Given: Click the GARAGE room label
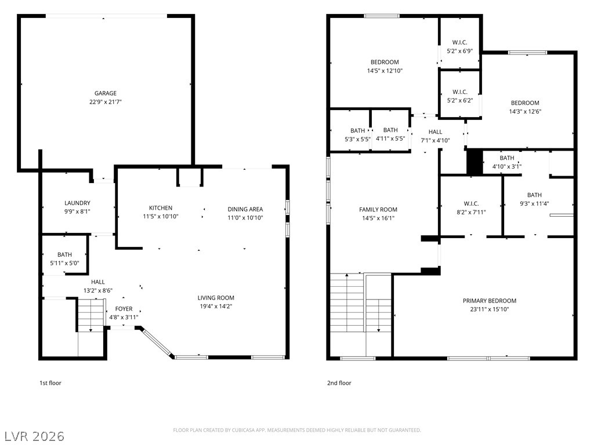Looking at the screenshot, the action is tap(106, 93).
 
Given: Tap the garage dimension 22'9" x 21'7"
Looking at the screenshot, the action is tap(106, 102).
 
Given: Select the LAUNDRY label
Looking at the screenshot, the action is tap(77, 203).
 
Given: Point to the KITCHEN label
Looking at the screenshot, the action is tap(161, 208).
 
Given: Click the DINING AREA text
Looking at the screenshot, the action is tap(245, 209).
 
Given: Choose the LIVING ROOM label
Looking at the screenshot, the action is tap(216, 298).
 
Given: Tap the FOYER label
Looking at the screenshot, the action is tap(124, 309).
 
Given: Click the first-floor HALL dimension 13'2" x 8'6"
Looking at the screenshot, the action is tap(98, 291).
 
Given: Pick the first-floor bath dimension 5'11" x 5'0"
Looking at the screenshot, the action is tap(65, 264).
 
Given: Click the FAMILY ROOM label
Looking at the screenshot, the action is tap(378, 210).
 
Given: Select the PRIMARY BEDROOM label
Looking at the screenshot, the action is tap(490, 301).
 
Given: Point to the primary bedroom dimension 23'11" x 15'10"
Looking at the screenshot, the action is tap(490, 309).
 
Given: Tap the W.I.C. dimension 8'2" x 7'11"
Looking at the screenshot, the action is tap(471, 213).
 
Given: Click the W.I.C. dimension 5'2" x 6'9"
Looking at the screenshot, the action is tap(460, 51).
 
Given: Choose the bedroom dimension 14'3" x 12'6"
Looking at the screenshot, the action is tap(525, 112).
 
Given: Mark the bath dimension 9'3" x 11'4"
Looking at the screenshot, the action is tap(534, 203).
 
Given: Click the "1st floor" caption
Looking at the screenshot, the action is tap(50, 383).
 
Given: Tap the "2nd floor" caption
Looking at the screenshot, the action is tap(339, 383).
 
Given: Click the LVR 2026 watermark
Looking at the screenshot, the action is tap(34, 436).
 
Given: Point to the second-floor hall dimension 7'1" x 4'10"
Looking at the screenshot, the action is tap(435, 140).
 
